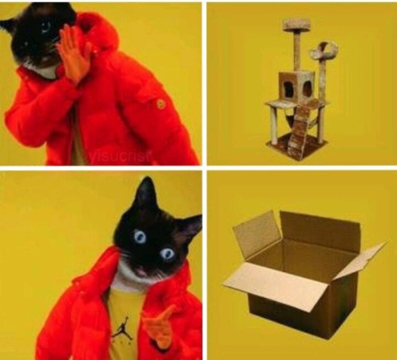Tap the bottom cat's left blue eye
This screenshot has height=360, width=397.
[139, 237]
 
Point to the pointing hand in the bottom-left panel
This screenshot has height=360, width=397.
[157, 326]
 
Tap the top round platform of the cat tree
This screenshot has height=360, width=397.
[296, 25]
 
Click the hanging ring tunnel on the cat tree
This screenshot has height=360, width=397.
[324, 52]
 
